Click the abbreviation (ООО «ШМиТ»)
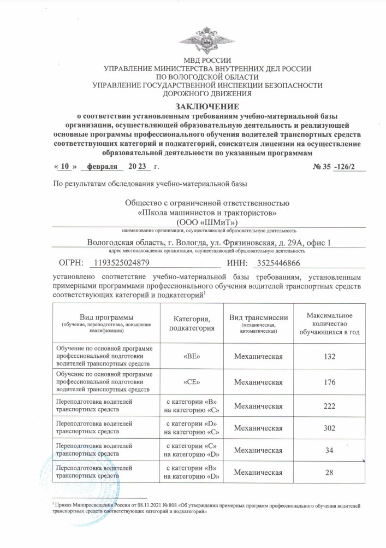(207, 222)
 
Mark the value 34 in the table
(329, 450)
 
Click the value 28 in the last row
(329, 473)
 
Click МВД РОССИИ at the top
(207, 60)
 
